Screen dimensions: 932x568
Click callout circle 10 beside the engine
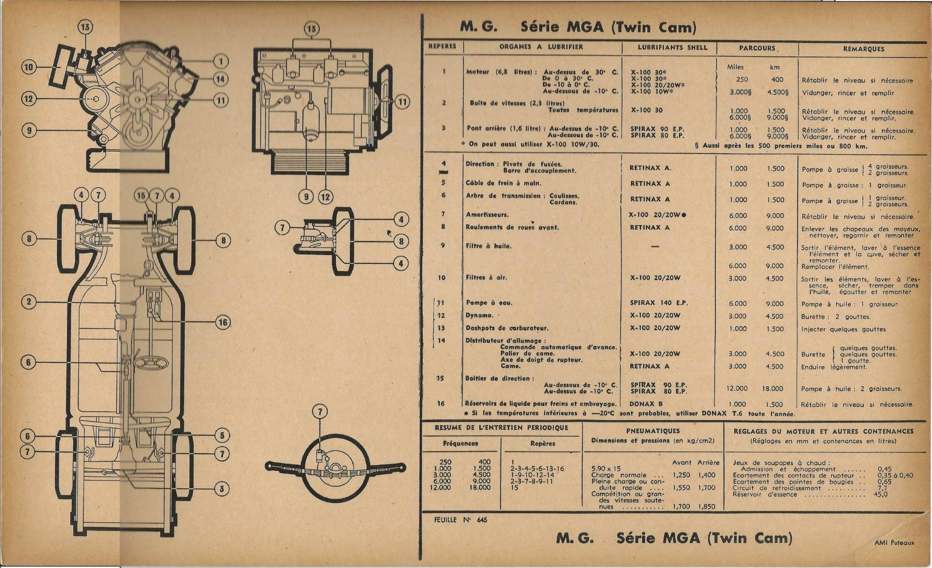pyautogui.click(x=29, y=67)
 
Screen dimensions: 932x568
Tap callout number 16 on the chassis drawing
pyautogui.click(x=223, y=322)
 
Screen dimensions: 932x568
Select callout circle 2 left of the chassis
pyautogui.click(x=29, y=302)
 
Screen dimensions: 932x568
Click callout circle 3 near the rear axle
pyautogui.click(x=222, y=489)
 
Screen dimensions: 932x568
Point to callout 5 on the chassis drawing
pyautogui.click(x=222, y=435)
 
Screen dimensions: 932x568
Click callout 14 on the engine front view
pyautogui.click(x=221, y=79)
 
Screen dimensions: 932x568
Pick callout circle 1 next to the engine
pyautogui.click(x=221, y=61)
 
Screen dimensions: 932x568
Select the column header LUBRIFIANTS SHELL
pyautogui.click(x=672, y=47)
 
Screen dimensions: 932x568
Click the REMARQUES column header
pyautogui.click(x=863, y=49)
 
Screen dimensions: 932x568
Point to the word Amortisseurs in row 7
pyautogui.click(x=487, y=215)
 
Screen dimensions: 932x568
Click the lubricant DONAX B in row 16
pyautogui.click(x=646, y=404)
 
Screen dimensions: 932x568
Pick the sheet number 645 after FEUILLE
pyautogui.click(x=482, y=520)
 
